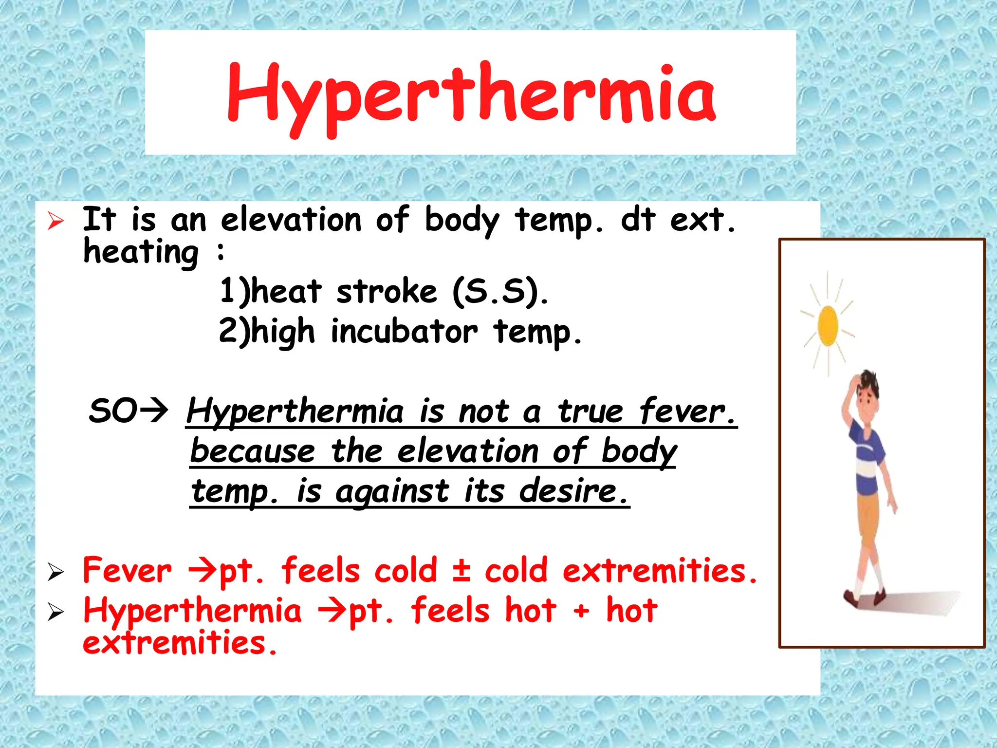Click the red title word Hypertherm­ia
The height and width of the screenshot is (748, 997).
(471, 95)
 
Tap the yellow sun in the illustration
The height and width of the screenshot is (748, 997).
(828, 325)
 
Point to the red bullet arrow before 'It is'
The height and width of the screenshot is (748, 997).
(56, 222)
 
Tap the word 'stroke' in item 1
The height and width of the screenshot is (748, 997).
(387, 292)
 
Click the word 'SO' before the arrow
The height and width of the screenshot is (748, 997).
(113, 411)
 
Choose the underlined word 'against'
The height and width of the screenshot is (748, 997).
(392, 491)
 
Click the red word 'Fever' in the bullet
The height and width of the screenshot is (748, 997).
(127, 570)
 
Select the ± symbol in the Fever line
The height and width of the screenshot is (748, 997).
(461, 570)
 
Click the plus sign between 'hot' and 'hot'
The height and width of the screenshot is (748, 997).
(581, 611)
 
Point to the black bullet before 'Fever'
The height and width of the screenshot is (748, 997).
(56, 572)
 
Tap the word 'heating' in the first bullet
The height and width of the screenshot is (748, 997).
(141, 252)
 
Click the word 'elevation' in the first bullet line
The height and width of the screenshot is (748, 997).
(291, 220)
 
